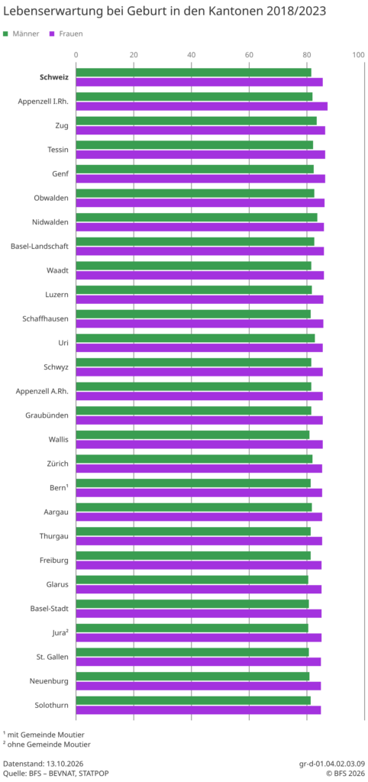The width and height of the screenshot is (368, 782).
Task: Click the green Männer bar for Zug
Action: point(196,121)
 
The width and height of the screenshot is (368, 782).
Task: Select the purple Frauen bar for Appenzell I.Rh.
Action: point(202,106)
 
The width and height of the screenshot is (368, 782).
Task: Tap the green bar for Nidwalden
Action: point(196,218)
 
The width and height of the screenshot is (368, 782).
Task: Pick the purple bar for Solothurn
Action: point(199,710)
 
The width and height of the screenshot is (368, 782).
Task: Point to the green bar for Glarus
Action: point(192,580)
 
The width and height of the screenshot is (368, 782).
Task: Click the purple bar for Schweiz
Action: point(199,82)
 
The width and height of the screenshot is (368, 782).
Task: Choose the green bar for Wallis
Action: point(192,435)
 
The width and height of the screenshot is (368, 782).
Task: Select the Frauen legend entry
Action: point(66,34)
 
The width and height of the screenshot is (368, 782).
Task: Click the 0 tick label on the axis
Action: point(76,54)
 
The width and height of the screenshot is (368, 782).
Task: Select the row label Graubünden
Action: point(47,415)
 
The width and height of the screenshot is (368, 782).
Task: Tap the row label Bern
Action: point(56,488)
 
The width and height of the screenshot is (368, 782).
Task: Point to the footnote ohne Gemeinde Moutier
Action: point(49,745)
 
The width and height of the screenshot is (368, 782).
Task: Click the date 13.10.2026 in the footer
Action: point(64,764)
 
